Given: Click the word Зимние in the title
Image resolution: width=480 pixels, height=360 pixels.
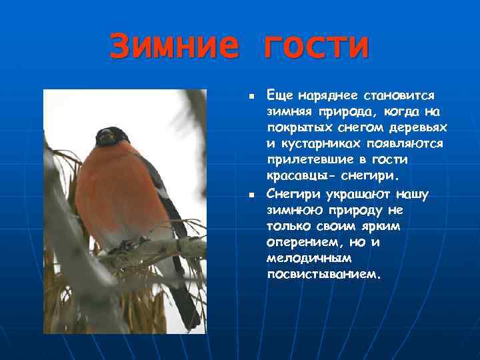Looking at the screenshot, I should [173, 47].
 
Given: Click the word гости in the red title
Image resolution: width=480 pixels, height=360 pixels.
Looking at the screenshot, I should [316, 47].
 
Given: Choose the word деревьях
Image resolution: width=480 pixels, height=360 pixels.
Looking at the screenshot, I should [418, 128].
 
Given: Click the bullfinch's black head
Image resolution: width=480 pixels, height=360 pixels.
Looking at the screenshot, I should [112, 137].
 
